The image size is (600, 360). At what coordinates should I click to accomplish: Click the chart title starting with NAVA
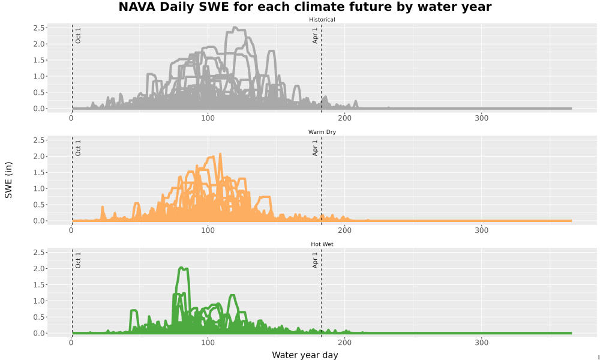pyautogui.click(x=305, y=7)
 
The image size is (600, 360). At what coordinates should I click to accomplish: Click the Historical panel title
pyautogui.click(x=322, y=20)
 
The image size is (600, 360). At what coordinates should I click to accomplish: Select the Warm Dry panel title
pyautogui.click(x=322, y=132)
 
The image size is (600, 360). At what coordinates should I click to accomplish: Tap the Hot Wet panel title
pyautogui.click(x=322, y=244)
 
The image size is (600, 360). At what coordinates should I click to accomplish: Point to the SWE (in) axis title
pyautogui.click(x=8, y=180)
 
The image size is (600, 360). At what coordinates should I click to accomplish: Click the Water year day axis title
pyautogui.click(x=305, y=355)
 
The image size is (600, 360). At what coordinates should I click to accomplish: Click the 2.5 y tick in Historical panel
pyautogui.click(x=38, y=28)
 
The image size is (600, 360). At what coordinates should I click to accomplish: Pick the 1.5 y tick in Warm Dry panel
pyautogui.click(x=38, y=173)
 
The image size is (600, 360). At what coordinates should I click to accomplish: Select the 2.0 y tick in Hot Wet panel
pyautogui.click(x=38, y=269)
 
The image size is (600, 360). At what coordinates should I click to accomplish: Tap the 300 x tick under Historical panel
pyautogui.click(x=481, y=118)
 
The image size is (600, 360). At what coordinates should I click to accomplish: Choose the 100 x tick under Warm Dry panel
pyautogui.click(x=208, y=230)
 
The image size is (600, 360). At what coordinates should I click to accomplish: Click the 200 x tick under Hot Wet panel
pyautogui.click(x=345, y=343)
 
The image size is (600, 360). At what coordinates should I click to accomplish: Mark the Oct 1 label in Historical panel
pyautogui.click(x=78, y=35)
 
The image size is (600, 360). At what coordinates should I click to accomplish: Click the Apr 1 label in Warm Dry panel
pyautogui.click(x=315, y=148)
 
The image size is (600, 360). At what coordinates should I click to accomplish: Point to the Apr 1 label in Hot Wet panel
pyautogui.click(x=315, y=260)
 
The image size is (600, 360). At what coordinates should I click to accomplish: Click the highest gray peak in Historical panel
pyautogui.click(x=235, y=27)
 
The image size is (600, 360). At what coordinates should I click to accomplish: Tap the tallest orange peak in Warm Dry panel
pyautogui.click(x=220, y=154)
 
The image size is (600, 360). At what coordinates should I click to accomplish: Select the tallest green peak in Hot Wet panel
pyautogui.click(x=181, y=268)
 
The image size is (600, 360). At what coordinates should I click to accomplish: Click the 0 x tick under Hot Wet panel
pyautogui.click(x=71, y=343)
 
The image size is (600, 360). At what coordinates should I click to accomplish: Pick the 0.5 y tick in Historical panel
pyautogui.click(x=38, y=92)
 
